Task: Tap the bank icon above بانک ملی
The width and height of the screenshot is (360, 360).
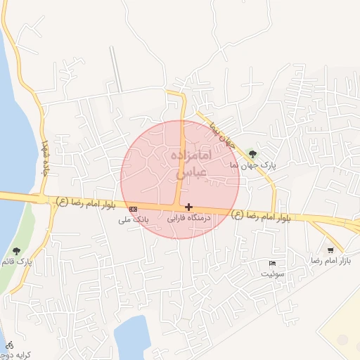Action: click(134, 209)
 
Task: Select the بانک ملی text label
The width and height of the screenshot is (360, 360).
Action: click(133, 219)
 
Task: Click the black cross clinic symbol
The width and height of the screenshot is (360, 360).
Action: click(188, 207)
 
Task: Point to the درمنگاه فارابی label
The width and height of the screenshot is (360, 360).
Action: click(188, 219)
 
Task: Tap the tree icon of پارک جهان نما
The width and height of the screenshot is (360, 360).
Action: click(252, 154)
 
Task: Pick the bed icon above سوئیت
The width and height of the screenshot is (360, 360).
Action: click(272, 263)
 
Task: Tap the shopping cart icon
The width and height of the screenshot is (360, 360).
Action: click(330, 250)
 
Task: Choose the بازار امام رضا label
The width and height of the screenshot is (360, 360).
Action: click(330, 260)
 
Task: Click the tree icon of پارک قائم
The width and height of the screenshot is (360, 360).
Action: click(16, 251)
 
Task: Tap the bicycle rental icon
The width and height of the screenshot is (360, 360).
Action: click(9, 345)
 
